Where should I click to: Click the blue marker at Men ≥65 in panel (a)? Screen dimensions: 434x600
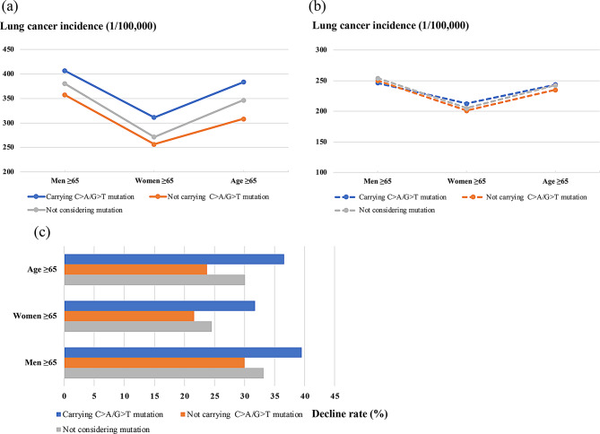(64, 71)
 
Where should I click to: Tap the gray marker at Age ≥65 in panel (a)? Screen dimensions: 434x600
(242, 100)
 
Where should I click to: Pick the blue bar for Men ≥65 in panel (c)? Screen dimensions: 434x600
(183, 352)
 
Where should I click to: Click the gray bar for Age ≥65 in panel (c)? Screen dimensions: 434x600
(154, 279)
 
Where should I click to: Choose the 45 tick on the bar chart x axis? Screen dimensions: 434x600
(335, 395)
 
